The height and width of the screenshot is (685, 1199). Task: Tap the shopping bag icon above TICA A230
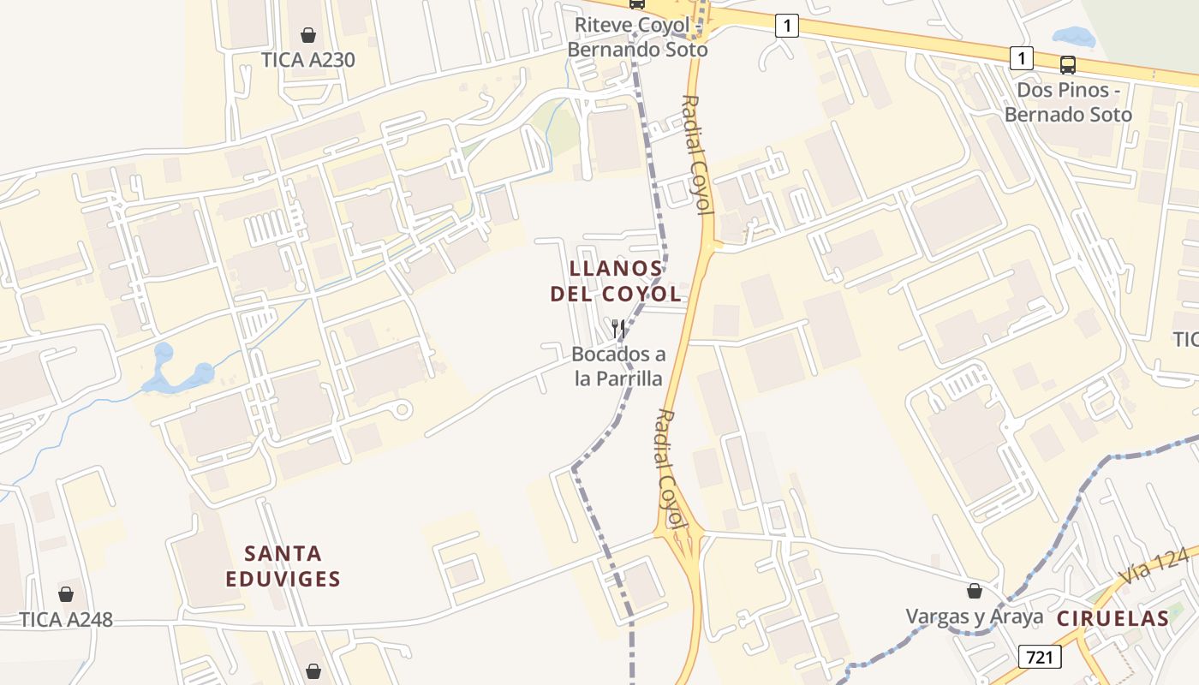pyautogui.click(x=308, y=35)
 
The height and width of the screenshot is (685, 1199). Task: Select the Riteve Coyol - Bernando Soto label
pyautogui.click(x=638, y=37)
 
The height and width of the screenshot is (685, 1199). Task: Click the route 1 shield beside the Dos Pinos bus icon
pyautogui.click(x=1021, y=58)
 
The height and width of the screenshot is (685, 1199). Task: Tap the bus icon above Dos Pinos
pyautogui.click(x=1068, y=64)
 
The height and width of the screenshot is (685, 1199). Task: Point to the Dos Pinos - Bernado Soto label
pyautogui.click(x=1068, y=102)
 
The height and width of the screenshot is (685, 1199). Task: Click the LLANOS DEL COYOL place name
pyautogui.click(x=616, y=282)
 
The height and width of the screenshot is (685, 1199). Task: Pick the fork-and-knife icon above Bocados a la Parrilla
pyautogui.click(x=617, y=329)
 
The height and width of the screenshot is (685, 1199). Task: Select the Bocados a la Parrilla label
pyautogui.click(x=618, y=366)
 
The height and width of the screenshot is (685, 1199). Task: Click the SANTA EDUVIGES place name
pyautogui.click(x=283, y=566)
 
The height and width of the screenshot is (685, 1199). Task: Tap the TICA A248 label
pyautogui.click(x=66, y=619)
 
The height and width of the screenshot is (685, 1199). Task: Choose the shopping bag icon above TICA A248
pyautogui.click(x=66, y=594)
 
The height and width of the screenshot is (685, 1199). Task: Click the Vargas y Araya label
pyautogui.click(x=975, y=616)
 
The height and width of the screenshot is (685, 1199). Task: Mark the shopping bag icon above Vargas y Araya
pyautogui.click(x=975, y=591)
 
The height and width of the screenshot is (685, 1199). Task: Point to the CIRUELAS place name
pyautogui.click(x=1113, y=618)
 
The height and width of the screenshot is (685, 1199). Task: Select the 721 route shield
pyautogui.click(x=1040, y=657)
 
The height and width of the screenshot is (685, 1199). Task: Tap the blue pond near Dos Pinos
pyautogui.click(x=1074, y=38)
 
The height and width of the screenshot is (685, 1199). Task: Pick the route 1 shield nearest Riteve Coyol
pyautogui.click(x=787, y=27)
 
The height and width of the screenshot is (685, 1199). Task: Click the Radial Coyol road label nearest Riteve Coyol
pyautogui.click(x=698, y=154)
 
